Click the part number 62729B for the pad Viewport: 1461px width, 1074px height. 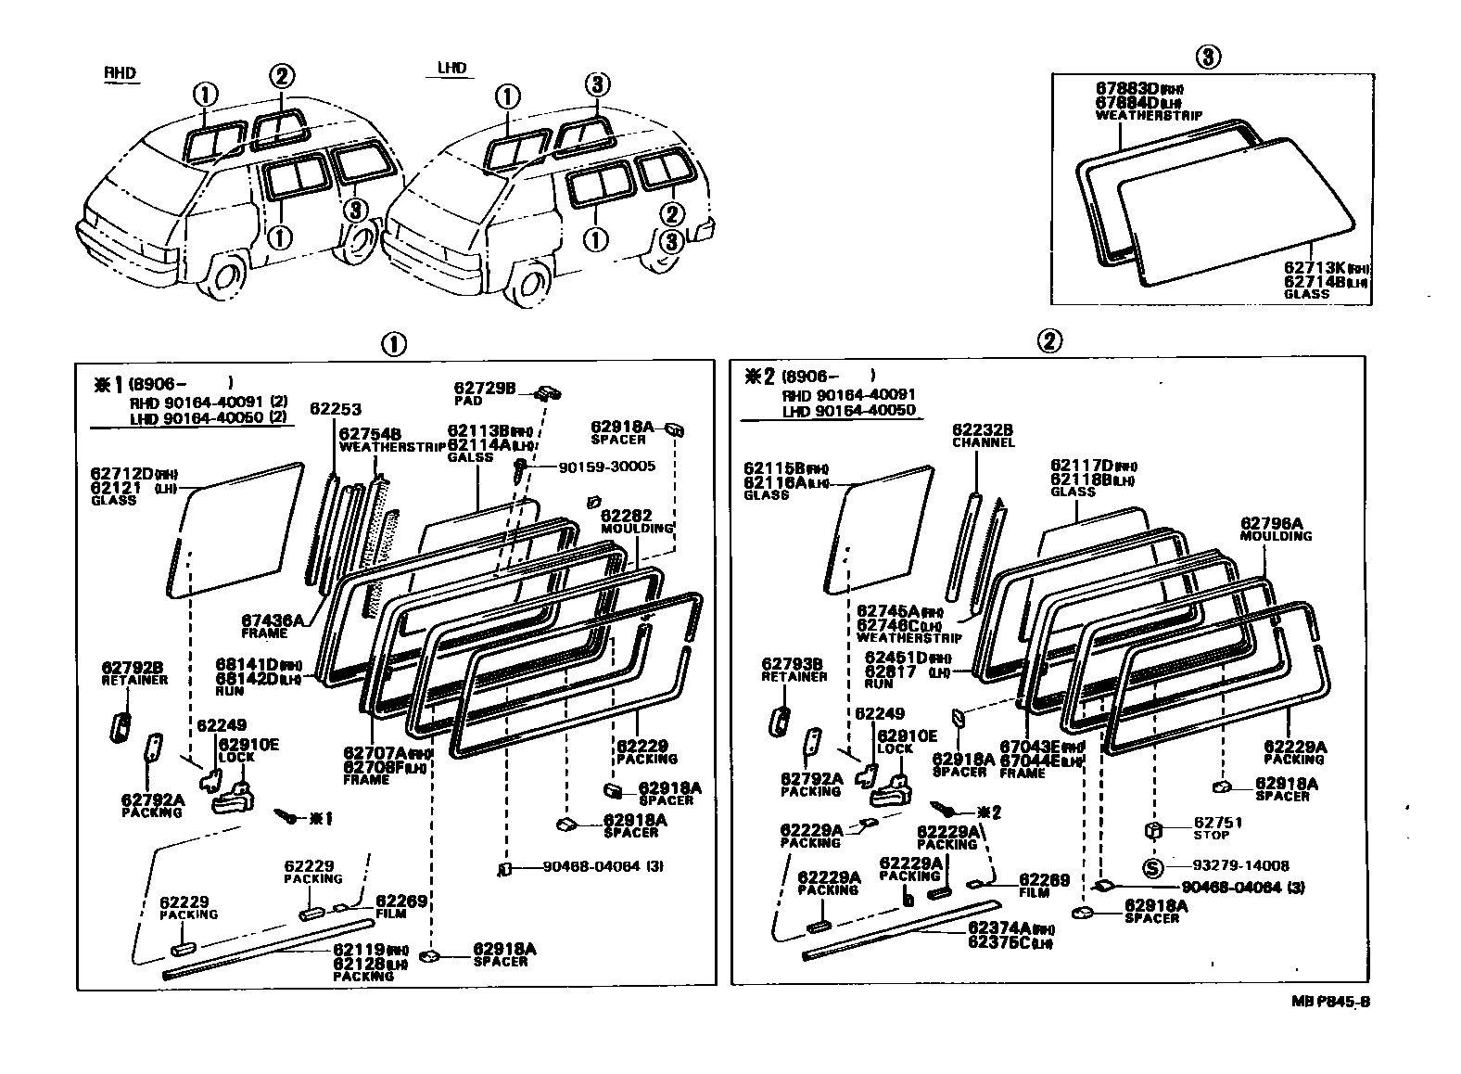click(484, 388)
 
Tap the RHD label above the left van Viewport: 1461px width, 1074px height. click(119, 73)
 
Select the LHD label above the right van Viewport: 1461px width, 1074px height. click(451, 69)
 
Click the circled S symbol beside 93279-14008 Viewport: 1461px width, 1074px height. click(1151, 868)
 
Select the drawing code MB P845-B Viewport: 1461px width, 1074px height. click(1331, 1002)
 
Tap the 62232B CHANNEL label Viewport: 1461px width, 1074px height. click(983, 436)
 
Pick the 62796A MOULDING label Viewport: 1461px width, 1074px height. click(1276, 529)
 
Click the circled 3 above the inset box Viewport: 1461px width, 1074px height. click(1207, 58)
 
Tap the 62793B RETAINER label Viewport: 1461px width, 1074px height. click(793, 670)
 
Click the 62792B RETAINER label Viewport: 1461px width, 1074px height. click(133, 672)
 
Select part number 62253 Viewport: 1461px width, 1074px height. click(336, 409)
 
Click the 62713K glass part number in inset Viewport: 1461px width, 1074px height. click(1313, 267)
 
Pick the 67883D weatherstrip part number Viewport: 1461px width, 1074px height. click(1126, 89)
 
